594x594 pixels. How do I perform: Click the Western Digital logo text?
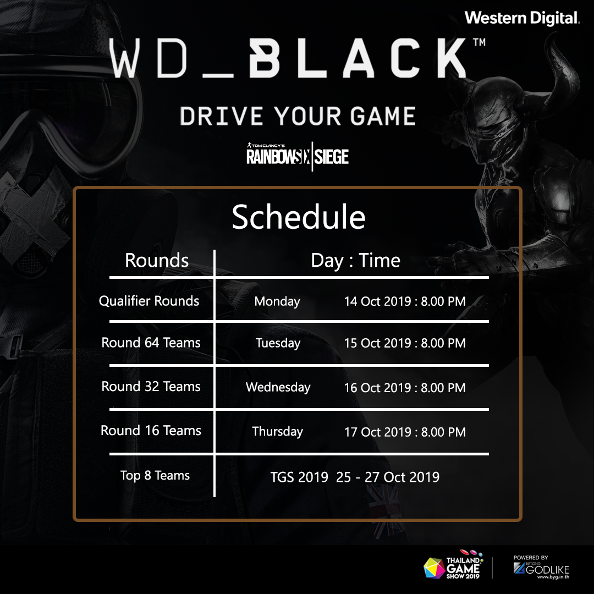(522, 18)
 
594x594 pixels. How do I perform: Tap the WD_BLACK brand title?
(288, 58)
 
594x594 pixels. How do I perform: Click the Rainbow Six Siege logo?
(298, 156)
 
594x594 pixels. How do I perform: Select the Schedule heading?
(299, 217)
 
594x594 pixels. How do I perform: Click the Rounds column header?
(157, 260)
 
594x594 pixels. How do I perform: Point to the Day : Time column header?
(355, 261)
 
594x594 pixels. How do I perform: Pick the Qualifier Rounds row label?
(149, 301)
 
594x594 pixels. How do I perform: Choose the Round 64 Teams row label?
(151, 343)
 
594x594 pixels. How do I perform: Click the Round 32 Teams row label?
(151, 387)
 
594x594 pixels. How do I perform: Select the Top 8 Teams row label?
(155, 475)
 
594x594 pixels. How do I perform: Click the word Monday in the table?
(277, 301)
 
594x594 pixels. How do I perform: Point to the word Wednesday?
(278, 387)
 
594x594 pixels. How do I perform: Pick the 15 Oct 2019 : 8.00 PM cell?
(405, 343)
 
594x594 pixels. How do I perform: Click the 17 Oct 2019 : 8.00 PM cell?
(405, 432)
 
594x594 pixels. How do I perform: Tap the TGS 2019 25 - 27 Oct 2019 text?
(355, 477)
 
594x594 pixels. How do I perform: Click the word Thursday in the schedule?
(278, 432)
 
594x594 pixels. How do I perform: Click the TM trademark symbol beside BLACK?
(479, 42)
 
